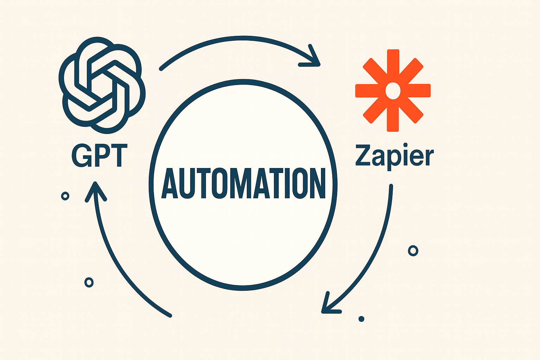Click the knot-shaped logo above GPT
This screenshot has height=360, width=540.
coord(101,86)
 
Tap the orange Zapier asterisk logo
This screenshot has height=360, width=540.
coord(393,91)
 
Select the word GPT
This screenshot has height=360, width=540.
coord(99,155)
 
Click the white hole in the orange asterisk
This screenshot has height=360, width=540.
coord(393,91)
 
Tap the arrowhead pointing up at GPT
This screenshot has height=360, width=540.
coord(95,190)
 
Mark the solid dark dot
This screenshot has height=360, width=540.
coord(361,319)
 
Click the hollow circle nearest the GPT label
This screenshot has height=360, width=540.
coord(65,196)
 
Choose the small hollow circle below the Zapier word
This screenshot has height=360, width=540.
coord(413,251)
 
